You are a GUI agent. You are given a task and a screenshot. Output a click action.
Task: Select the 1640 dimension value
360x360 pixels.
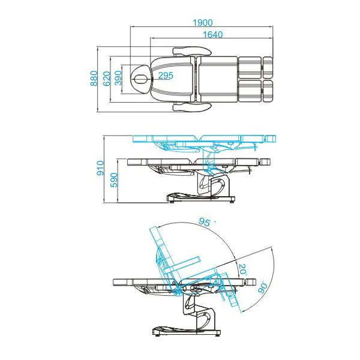pyautogui.click(x=212, y=34)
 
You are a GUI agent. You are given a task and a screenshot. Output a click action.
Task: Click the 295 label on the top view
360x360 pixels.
pyautogui.click(x=166, y=75)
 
